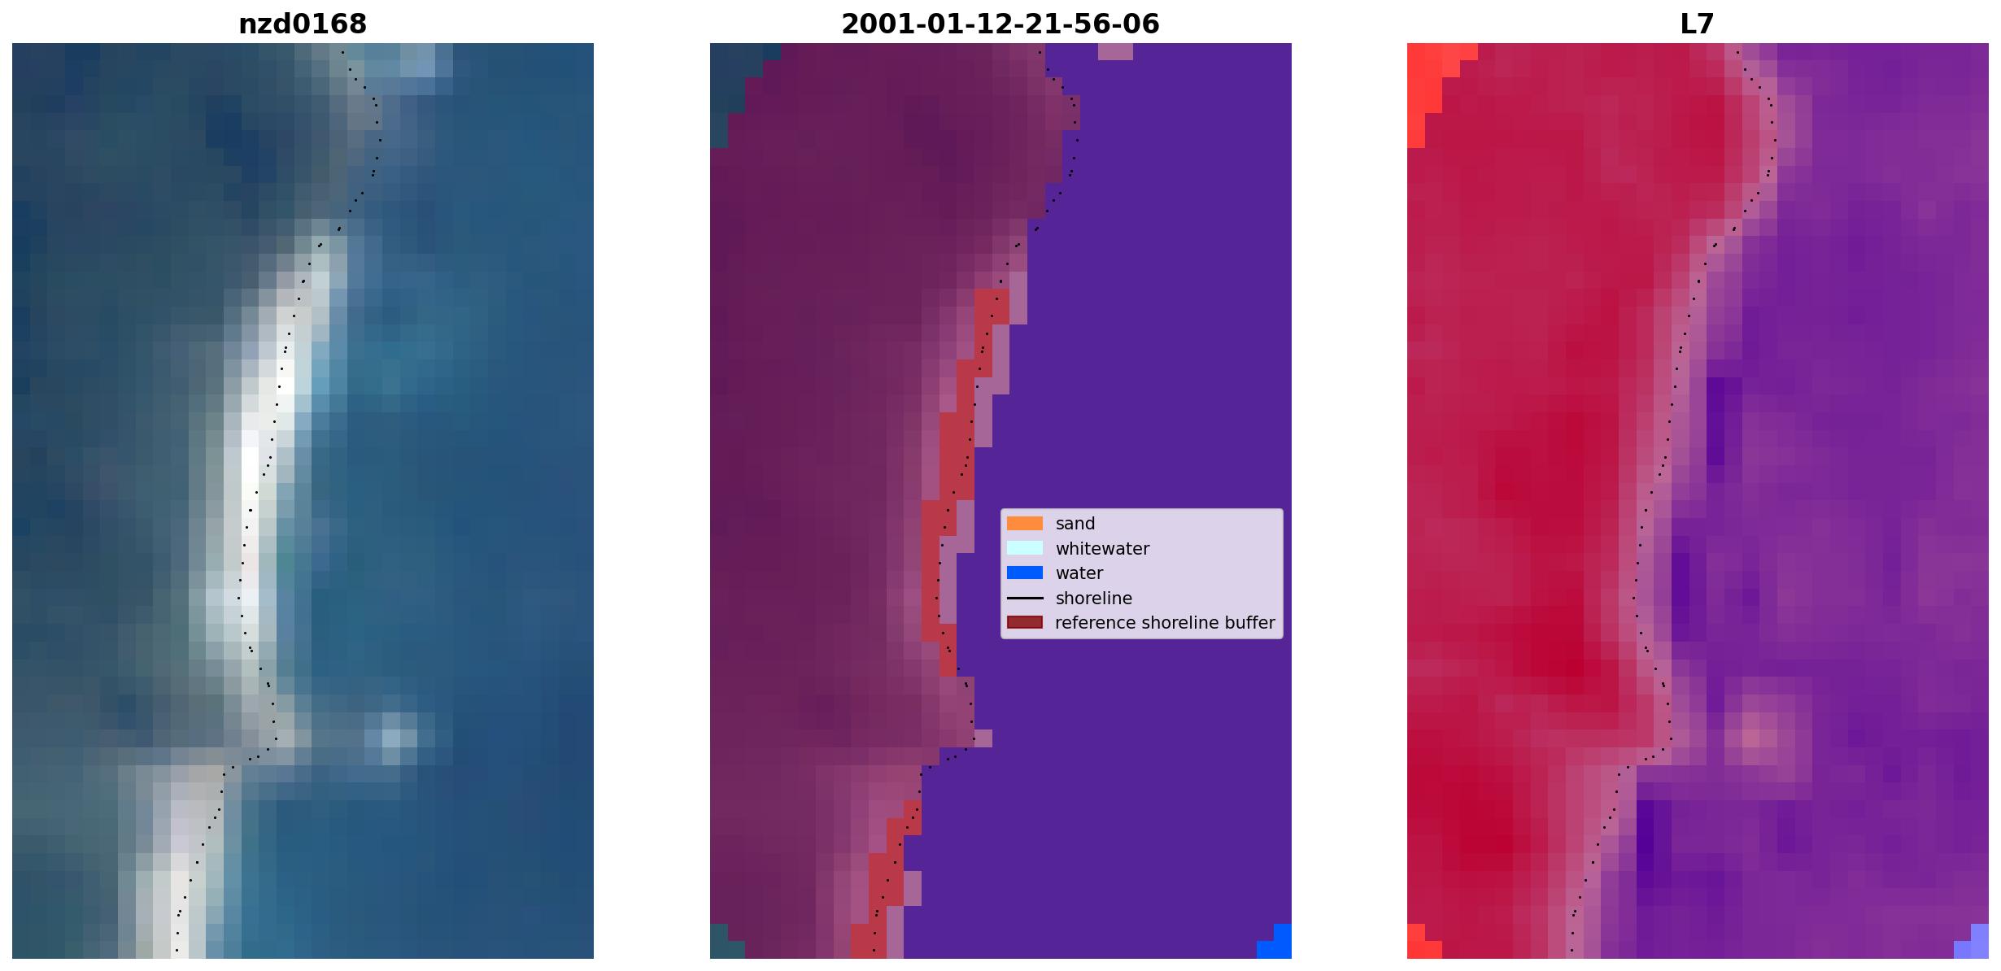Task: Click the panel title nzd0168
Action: (x=303, y=24)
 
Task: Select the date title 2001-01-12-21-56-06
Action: (x=1000, y=24)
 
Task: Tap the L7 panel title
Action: (x=1698, y=24)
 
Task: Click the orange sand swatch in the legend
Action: (x=1025, y=524)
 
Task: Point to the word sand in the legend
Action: (x=1075, y=524)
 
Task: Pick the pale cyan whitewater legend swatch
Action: (x=1025, y=548)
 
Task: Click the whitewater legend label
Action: (x=1102, y=549)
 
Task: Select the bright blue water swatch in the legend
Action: (x=1025, y=573)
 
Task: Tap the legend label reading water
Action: (x=1079, y=573)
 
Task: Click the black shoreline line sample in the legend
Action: (x=1025, y=599)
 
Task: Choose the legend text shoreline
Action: (x=1094, y=599)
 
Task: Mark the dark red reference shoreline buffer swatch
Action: (x=1025, y=623)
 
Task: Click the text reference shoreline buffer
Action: (x=1165, y=623)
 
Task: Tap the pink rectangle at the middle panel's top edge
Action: (x=1115, y=51)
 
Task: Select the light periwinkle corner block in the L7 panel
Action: (x=1974, y=943)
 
